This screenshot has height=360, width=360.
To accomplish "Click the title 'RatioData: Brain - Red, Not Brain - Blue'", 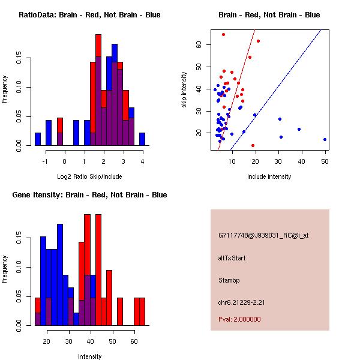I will [89, 15].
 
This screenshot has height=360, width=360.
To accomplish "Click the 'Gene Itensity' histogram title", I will [89, 195].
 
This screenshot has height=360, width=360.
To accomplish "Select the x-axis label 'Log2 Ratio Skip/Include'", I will [89, 176].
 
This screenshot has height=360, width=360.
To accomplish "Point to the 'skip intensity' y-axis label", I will [184, 90].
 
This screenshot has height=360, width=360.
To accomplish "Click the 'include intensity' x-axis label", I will [269, 176].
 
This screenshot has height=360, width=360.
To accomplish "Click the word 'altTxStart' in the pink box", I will [232, 258].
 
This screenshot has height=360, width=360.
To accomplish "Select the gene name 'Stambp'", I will [230, 280].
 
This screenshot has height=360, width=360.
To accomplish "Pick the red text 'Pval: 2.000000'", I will [239, 319].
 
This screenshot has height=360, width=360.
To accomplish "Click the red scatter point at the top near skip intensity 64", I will [223, 35].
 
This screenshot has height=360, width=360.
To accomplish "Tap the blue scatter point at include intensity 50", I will [325, 139].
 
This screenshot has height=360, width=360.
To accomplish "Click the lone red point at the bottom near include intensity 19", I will [253, 145].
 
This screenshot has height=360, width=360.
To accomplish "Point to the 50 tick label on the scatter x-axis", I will [325, 161].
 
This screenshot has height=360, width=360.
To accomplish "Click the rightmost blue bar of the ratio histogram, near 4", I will [142, 139].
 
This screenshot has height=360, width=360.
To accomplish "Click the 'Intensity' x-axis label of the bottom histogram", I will [89, 356].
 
